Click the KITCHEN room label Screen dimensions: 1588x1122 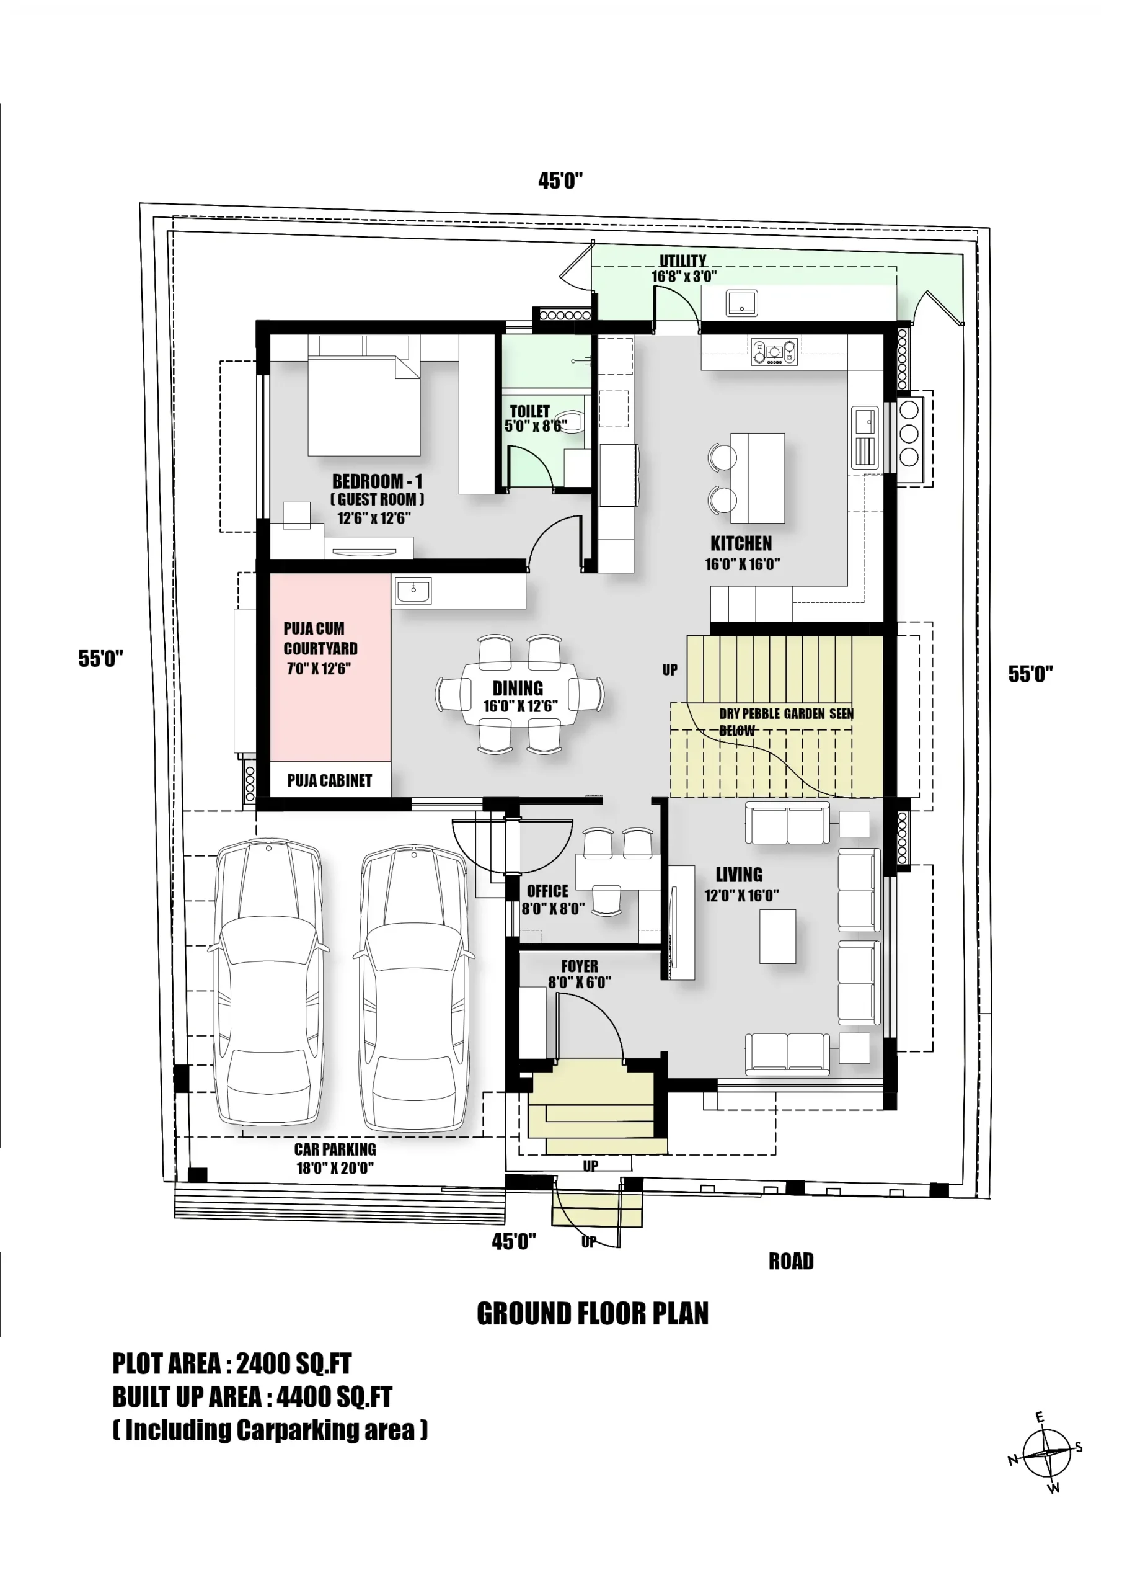pyautogui.click(x=740, y=543)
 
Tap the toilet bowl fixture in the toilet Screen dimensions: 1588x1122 pyautogui.click(x=572, y=421)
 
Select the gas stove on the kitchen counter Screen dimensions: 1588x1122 pyautogui.click(x=774, y=351)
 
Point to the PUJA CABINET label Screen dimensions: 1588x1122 pyautogui.click(x=329, y=780)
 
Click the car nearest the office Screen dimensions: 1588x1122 pyautogui.click(x=413, y=986)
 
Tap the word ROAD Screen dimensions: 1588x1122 pyautogui.click(x=791, y=1261)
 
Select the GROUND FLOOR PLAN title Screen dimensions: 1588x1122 pyautogui.click(x=593, y=1313)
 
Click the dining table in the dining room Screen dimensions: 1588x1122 pyautogui.click(x=518, y=694)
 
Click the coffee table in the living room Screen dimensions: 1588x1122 pyautogui.click(x=777, y=937)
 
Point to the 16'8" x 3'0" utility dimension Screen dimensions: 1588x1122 pyautogui.click(x=683, y=277)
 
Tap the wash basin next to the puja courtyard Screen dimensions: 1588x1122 pyautogui.click(x=413, y=591)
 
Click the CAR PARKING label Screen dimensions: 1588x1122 pyautogui.click(x=335, y=1149)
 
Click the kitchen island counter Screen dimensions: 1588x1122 pyautogui.click(x=757, y=477)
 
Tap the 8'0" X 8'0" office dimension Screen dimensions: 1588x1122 pyautogui.click(x=552, y=909)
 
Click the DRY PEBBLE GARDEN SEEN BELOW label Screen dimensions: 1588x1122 pyautogui.click(x=785, y=721)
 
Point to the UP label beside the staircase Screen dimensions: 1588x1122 pyautogui.click(x=669, y=669)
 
